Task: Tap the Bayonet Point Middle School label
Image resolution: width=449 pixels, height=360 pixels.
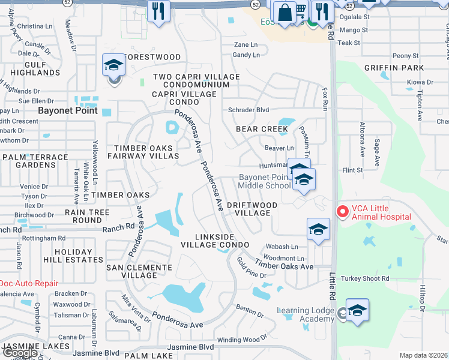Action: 264,181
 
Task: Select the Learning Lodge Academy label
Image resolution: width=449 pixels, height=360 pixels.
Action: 306,314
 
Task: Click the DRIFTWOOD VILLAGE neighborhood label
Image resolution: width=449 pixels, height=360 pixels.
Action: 252,209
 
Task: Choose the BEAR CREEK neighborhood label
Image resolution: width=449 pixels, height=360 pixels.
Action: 262,129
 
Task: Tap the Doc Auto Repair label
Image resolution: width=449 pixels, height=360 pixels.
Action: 28,283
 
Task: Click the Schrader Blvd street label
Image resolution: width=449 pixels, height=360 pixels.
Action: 249,110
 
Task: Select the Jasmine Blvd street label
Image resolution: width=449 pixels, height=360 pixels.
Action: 190,347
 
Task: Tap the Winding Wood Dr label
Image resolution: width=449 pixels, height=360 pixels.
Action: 241,340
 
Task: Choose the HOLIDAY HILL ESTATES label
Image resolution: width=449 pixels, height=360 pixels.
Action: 73,256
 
